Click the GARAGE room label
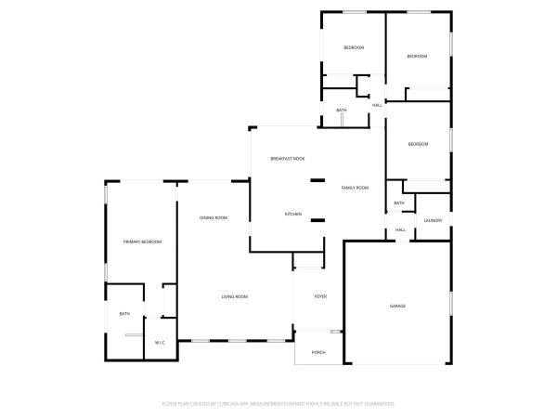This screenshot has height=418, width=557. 397,306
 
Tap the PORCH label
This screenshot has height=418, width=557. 318,353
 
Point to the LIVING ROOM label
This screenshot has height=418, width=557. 234,296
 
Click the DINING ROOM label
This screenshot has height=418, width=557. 214,217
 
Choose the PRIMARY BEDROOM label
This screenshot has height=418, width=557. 143,242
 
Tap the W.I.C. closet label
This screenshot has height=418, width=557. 160,344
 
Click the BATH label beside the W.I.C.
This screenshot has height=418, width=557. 124,314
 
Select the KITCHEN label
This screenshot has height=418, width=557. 293,215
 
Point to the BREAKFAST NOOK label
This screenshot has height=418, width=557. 288,159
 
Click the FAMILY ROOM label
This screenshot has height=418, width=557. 355,188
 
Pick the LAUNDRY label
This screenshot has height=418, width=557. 433,220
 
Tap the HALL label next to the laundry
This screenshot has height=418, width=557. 401,229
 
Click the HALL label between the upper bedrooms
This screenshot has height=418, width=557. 377,105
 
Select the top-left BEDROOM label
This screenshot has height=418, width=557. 354,47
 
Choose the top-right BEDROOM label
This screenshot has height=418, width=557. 418,57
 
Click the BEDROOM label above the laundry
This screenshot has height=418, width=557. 418,144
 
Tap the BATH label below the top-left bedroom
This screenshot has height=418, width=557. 342,111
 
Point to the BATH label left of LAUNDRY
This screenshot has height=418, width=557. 399,203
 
